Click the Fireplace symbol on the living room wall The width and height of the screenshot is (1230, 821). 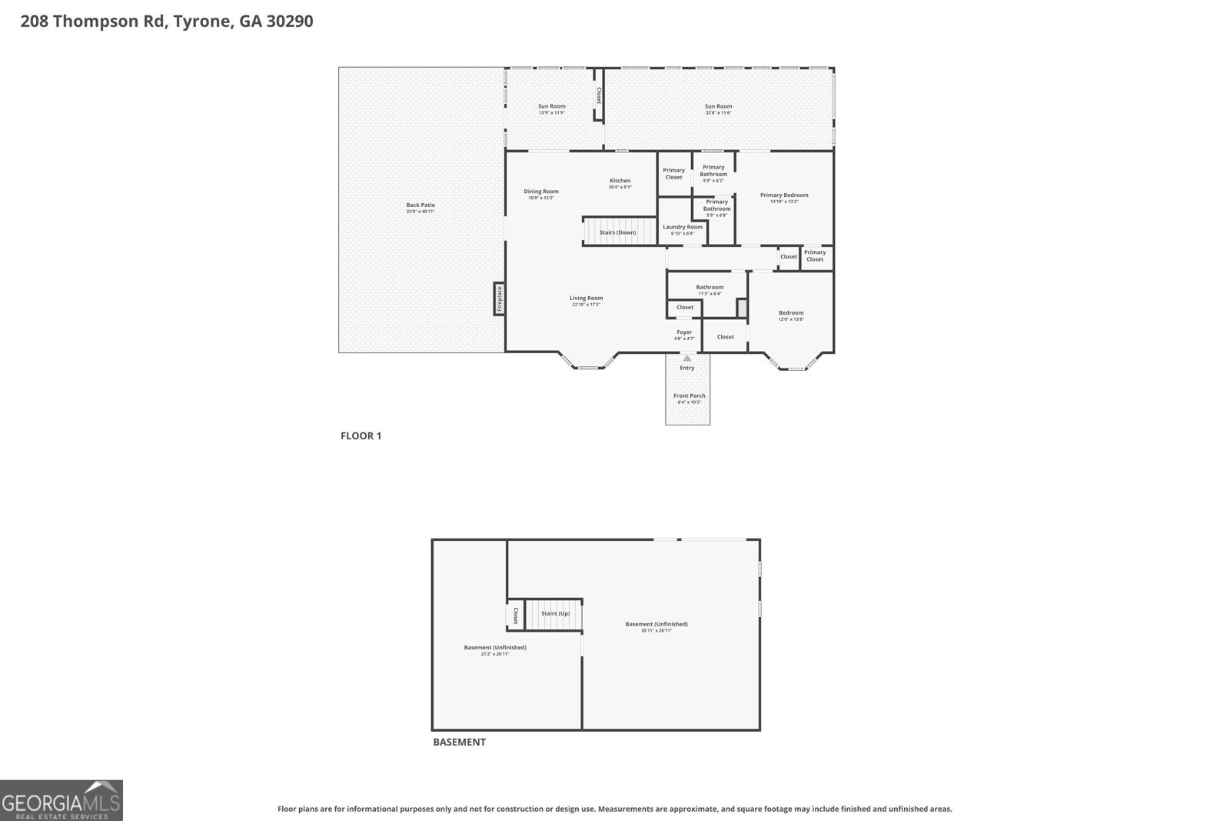499,299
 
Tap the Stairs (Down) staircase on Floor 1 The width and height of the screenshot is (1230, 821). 617,232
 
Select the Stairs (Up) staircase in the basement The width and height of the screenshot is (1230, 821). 555,613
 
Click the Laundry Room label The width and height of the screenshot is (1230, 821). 683,227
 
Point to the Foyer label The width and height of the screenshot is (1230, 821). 684,332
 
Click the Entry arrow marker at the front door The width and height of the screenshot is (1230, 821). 686,358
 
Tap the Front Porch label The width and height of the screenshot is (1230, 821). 689,395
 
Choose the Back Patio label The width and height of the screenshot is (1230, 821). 421,205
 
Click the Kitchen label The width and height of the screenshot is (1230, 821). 620,181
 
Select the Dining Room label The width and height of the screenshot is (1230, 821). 541,192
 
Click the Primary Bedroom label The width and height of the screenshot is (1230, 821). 784,195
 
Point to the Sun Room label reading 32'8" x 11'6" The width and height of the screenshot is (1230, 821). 718,106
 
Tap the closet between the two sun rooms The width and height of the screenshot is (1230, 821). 598,95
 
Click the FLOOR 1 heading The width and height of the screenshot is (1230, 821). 361,436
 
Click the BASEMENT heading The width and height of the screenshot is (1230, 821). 459,743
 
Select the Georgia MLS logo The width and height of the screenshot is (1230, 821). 61,800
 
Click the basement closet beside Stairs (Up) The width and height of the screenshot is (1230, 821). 515,616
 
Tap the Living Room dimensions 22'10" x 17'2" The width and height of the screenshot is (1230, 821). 586,305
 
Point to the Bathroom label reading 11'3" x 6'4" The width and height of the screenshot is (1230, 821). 710,293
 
